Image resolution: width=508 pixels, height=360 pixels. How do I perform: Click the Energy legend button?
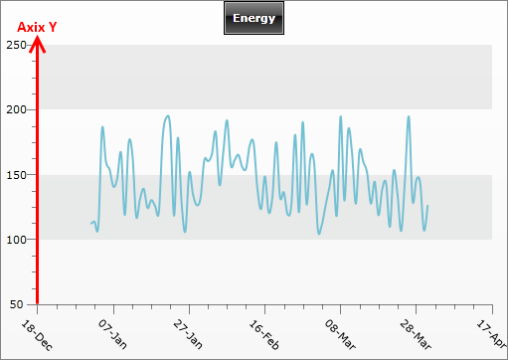254,18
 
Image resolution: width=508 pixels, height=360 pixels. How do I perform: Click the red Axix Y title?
37,28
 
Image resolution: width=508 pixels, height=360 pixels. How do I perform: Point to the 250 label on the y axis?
16,45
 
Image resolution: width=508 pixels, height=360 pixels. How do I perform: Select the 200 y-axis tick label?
16,109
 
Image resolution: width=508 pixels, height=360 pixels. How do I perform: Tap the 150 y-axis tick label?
16,174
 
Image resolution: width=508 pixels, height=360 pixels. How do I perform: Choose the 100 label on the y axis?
16,240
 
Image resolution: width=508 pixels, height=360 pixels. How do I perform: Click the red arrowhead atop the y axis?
37,43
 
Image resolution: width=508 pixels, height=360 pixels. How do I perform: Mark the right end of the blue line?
427,206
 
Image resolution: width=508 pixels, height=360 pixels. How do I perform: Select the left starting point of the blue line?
91,223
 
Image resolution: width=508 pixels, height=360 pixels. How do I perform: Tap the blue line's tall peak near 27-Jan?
167,115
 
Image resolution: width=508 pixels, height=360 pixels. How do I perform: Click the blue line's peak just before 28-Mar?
408,116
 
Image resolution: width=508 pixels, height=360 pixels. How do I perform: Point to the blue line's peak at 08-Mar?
340,116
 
